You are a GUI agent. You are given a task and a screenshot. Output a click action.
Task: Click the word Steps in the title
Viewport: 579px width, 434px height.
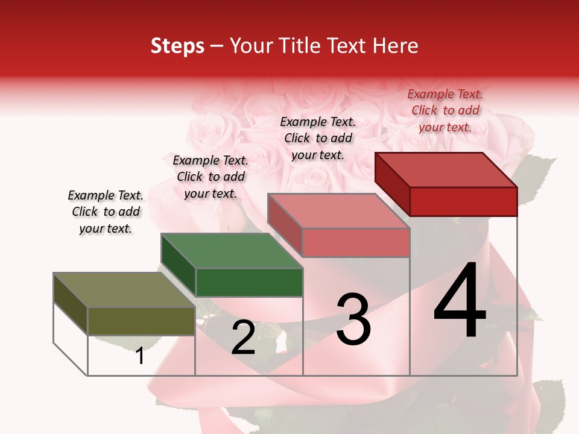tap(177, 46)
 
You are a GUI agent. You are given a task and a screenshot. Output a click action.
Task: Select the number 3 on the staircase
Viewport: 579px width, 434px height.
tap(353, 319)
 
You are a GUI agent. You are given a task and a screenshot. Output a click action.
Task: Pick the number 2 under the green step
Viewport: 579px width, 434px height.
tap(243, 338)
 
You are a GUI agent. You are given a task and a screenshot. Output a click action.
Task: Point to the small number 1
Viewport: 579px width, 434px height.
tap(140, 356)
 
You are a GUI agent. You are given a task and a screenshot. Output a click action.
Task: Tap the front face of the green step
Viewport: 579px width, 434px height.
tap(249, 282)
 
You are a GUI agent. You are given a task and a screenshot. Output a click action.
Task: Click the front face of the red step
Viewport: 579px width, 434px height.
tap(463, 201)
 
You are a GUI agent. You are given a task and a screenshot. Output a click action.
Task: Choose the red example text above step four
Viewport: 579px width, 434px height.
tap(445, 110)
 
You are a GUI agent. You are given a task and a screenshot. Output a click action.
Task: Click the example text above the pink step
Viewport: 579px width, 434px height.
tap(318, 138)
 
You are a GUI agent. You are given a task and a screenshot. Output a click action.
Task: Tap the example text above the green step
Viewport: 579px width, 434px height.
tap(210, 177)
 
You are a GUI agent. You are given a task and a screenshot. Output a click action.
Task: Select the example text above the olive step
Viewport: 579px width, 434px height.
tap(106, 212)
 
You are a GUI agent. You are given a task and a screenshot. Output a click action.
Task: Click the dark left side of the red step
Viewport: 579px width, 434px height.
tap(392, 184)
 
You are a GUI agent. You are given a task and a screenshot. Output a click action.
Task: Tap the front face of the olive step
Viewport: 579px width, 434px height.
tap(141, 321)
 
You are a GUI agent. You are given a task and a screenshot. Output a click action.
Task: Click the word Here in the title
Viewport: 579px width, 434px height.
tap(396, 46)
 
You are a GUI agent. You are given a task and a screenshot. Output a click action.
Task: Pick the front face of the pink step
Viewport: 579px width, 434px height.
tap(356, 242)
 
